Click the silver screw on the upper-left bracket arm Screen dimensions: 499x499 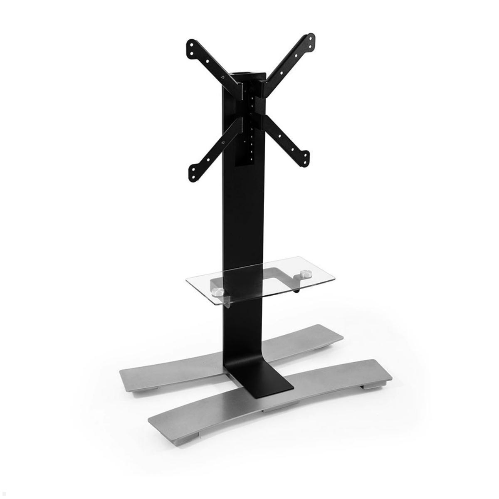coord(224,77)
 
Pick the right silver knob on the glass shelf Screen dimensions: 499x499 coord(306,274)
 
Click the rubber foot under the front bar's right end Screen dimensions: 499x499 coord(368,386)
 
